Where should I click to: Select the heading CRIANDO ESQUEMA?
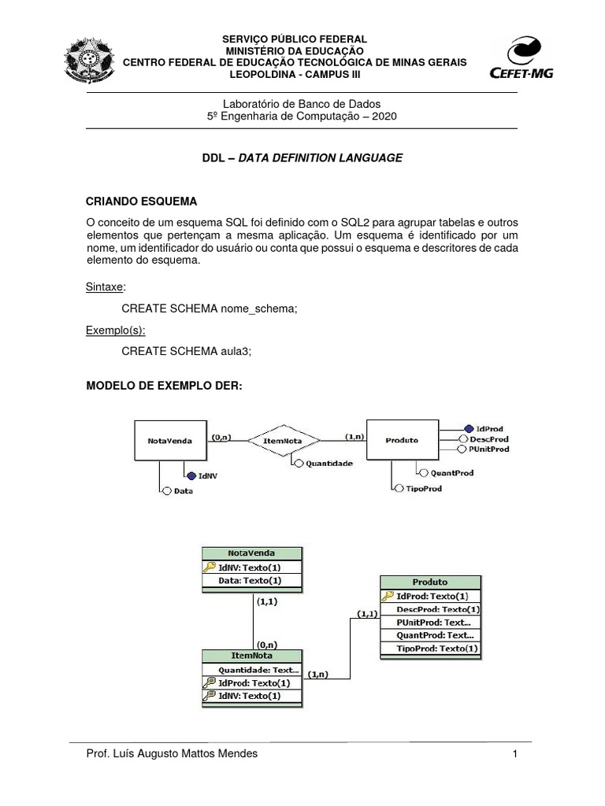(140, 201)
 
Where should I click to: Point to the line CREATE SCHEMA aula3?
(187, 352)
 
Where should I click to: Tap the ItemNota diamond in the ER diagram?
(284, 440)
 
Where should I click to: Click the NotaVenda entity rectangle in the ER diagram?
(170, 440)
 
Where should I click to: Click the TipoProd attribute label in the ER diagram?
(424, 489)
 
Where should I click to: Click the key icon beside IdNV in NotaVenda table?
(210, 568)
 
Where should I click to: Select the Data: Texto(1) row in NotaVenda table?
(251, 581)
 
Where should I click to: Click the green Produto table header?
(430, 582)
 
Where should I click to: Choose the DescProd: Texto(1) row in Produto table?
(438, 608)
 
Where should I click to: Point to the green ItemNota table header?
(252, 656)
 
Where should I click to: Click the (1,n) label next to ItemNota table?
(319, 674)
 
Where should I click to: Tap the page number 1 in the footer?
(514, 754)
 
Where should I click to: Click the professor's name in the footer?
(171, 754)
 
